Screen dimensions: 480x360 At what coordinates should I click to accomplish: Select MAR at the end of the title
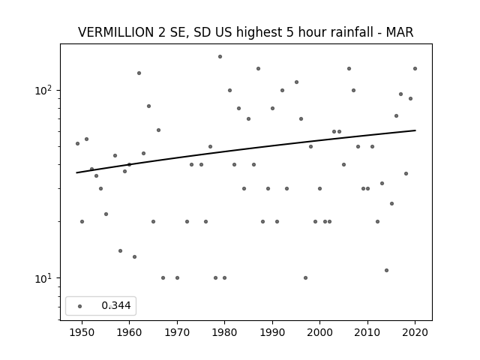tap(400, 32)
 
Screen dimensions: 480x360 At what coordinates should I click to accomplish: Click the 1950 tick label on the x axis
tap(82, 332)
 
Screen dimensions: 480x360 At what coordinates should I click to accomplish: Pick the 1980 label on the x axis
tap(224, 332)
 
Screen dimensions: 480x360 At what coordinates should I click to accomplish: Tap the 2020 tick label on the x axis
tap(415, 332)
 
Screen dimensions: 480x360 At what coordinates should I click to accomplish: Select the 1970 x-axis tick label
tap(177, 332)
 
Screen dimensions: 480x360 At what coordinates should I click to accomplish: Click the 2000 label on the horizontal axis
tap(319, 332)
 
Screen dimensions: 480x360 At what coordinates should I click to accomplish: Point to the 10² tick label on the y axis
tap(45, 90)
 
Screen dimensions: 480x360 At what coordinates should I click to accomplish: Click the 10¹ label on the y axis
tap(45, 278)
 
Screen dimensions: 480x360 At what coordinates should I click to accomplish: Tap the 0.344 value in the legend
tap(116, 305)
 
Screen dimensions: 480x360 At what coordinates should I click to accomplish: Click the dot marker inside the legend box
tap(80, 306)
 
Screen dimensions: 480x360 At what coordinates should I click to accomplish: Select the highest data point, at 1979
tap(220, 57)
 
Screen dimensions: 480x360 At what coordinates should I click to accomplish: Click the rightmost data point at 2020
tap(415, 68)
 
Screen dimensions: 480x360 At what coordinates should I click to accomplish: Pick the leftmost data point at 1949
tap(77, 143)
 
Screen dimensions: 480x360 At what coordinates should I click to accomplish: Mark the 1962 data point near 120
tap(139, 73)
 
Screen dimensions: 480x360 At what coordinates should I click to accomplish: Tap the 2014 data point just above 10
tap(387, 270)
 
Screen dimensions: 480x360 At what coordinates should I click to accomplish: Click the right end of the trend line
tap(415, 130)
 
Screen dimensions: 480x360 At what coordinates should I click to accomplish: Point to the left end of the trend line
tap(76, 172)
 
